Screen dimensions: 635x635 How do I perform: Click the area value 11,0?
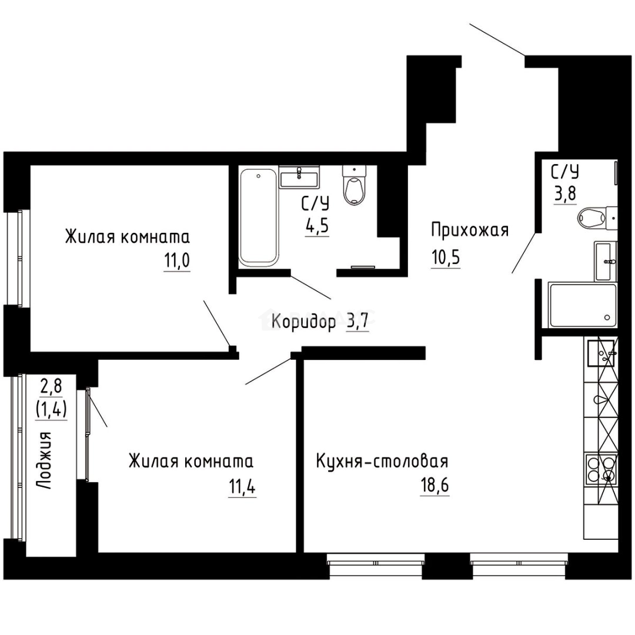click(x=176, y=260)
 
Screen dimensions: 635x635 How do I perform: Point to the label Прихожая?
click(x=469, y=230)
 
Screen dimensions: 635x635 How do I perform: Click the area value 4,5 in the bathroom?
click(x=316, y=225)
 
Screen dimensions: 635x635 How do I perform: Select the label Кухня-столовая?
click(x=382, y=460)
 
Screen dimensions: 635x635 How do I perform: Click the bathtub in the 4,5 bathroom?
click(x=258, y=216)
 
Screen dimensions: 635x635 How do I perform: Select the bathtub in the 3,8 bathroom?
click(x=582, y=305)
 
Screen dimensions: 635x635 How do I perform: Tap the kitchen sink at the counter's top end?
click(x=600, y=353)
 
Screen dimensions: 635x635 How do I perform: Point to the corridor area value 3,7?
click(x=357, y=322)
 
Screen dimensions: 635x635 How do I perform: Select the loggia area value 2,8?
click(x=50, y=386)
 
